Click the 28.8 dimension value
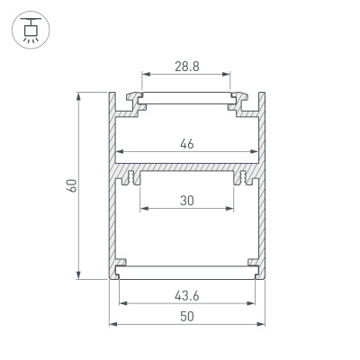pyautogui.click(x=186, y=67)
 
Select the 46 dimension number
pyautogui.click(x=186, y=142)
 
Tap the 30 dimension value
pyautogui.click(x=186, y=202)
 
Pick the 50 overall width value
pyautogui.click(x=186, y=317)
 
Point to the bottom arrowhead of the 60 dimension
pyautogui.click(x=81, y=277)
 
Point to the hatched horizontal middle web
pyautogui.click(x=186, y=168)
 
